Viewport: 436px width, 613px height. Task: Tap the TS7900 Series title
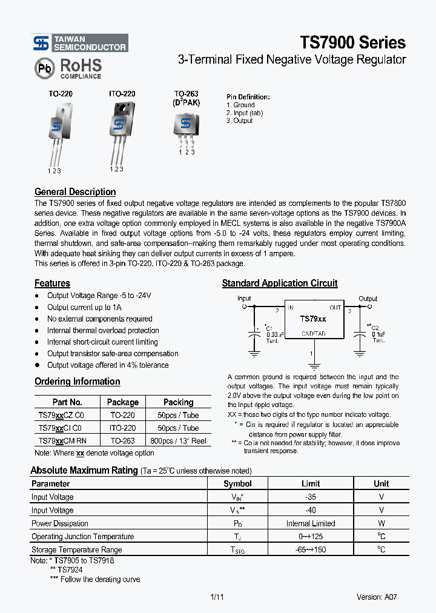(x=352, y=42)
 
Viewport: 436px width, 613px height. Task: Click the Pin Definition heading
(x=248, y=97)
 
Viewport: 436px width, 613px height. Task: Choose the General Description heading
(x=75, y=192)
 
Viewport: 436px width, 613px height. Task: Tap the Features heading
(x=52, y=283)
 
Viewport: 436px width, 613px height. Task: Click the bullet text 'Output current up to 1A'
(x=84, y=307)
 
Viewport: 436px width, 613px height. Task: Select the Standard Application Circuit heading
(x=280, y=283)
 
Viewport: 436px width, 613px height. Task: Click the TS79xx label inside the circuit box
(x=313, y=319)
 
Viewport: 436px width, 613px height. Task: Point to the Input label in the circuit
(x=244, y=298)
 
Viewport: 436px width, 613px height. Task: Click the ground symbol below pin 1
(x=313, y=366)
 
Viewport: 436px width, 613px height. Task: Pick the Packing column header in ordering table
(x=178, y=402)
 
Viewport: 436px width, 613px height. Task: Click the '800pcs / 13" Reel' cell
(x=178, y=441)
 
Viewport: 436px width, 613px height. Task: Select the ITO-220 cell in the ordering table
(x=122, y=428)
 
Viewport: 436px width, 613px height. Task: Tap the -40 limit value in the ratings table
(x=311, y=510)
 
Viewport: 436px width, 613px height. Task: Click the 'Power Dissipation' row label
(x=60, y=523)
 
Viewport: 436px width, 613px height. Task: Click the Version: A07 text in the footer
(x=377, y=597)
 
